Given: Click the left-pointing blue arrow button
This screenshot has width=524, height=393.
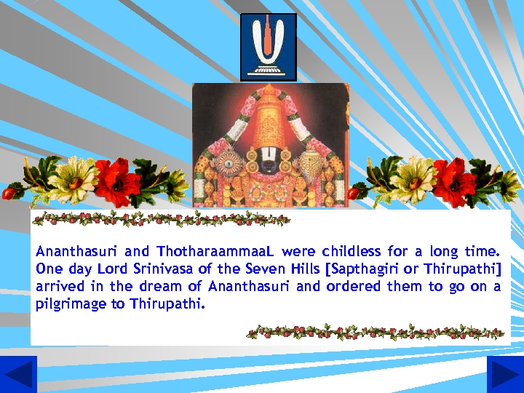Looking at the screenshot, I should (18, 374).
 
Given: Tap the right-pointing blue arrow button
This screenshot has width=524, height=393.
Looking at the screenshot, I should (505, 374).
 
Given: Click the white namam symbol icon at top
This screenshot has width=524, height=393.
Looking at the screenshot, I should (269, 47).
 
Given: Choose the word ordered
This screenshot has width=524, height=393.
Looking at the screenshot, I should (354, 287).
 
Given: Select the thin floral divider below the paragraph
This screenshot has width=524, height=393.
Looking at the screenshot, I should (376, 333).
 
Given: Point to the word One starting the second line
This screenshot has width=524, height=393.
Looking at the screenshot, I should (49, 269).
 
